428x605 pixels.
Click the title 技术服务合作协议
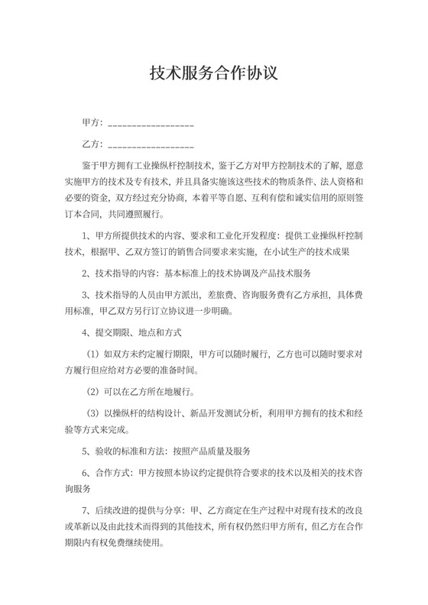point(214,74)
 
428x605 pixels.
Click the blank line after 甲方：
point(151,124)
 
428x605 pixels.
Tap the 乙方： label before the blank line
point(93,144)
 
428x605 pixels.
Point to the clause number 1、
point(86,235)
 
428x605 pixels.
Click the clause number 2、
point(86,273)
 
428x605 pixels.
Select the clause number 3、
point(86,294)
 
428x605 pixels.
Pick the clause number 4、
point(86,332)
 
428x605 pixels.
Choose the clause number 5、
point(86,451)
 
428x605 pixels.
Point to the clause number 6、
point(86,473)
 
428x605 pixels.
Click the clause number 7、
point(86,511)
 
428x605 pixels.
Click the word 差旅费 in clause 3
point(219,294)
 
